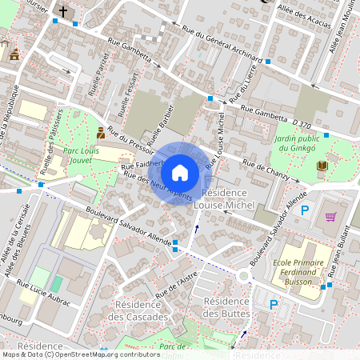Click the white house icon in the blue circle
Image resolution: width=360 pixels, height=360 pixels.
(180, 173)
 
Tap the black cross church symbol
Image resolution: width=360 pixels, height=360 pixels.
(63, 12)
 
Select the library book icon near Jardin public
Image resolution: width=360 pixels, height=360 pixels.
(322, 166)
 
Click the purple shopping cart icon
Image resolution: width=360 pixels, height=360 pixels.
(330, 216)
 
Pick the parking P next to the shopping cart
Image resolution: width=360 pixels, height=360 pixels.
(305, 210)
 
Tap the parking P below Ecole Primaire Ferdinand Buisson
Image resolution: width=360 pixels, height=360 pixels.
(274, 304)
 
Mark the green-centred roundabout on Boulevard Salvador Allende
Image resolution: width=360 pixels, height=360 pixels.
(243, 276)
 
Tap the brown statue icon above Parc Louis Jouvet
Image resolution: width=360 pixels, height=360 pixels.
(100, 132)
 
